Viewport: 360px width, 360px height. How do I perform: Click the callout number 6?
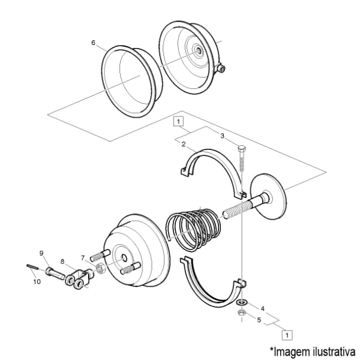coord(93,43)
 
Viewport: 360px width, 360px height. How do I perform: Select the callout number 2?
coord(183,145)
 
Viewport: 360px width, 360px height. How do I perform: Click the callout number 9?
coord(41,253)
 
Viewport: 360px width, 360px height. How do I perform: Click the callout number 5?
coord(259,320)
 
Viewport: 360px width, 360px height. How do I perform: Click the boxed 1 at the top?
coord(178,121)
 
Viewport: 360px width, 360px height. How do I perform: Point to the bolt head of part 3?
coord(241,148)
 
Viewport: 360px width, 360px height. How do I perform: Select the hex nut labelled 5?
coord(241,313)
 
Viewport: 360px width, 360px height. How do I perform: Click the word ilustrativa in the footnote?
coord(334,350)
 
